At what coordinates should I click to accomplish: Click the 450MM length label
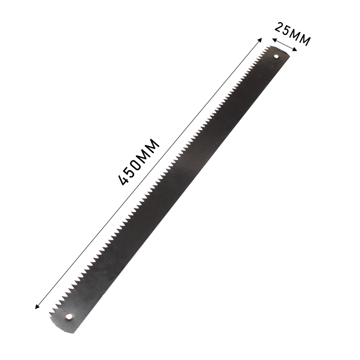(139, 162)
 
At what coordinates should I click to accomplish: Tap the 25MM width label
(292, 34)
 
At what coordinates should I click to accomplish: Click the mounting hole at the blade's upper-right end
(276, 56)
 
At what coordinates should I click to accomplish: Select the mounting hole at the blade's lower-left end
(68, 316)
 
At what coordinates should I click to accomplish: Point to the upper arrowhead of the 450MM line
(260, 40)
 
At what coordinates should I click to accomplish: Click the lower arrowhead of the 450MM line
(36, 306)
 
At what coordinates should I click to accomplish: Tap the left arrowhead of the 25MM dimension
(274, 40)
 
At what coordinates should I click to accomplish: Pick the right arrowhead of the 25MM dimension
(295, 49)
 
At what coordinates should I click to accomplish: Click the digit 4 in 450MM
(123, 180)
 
